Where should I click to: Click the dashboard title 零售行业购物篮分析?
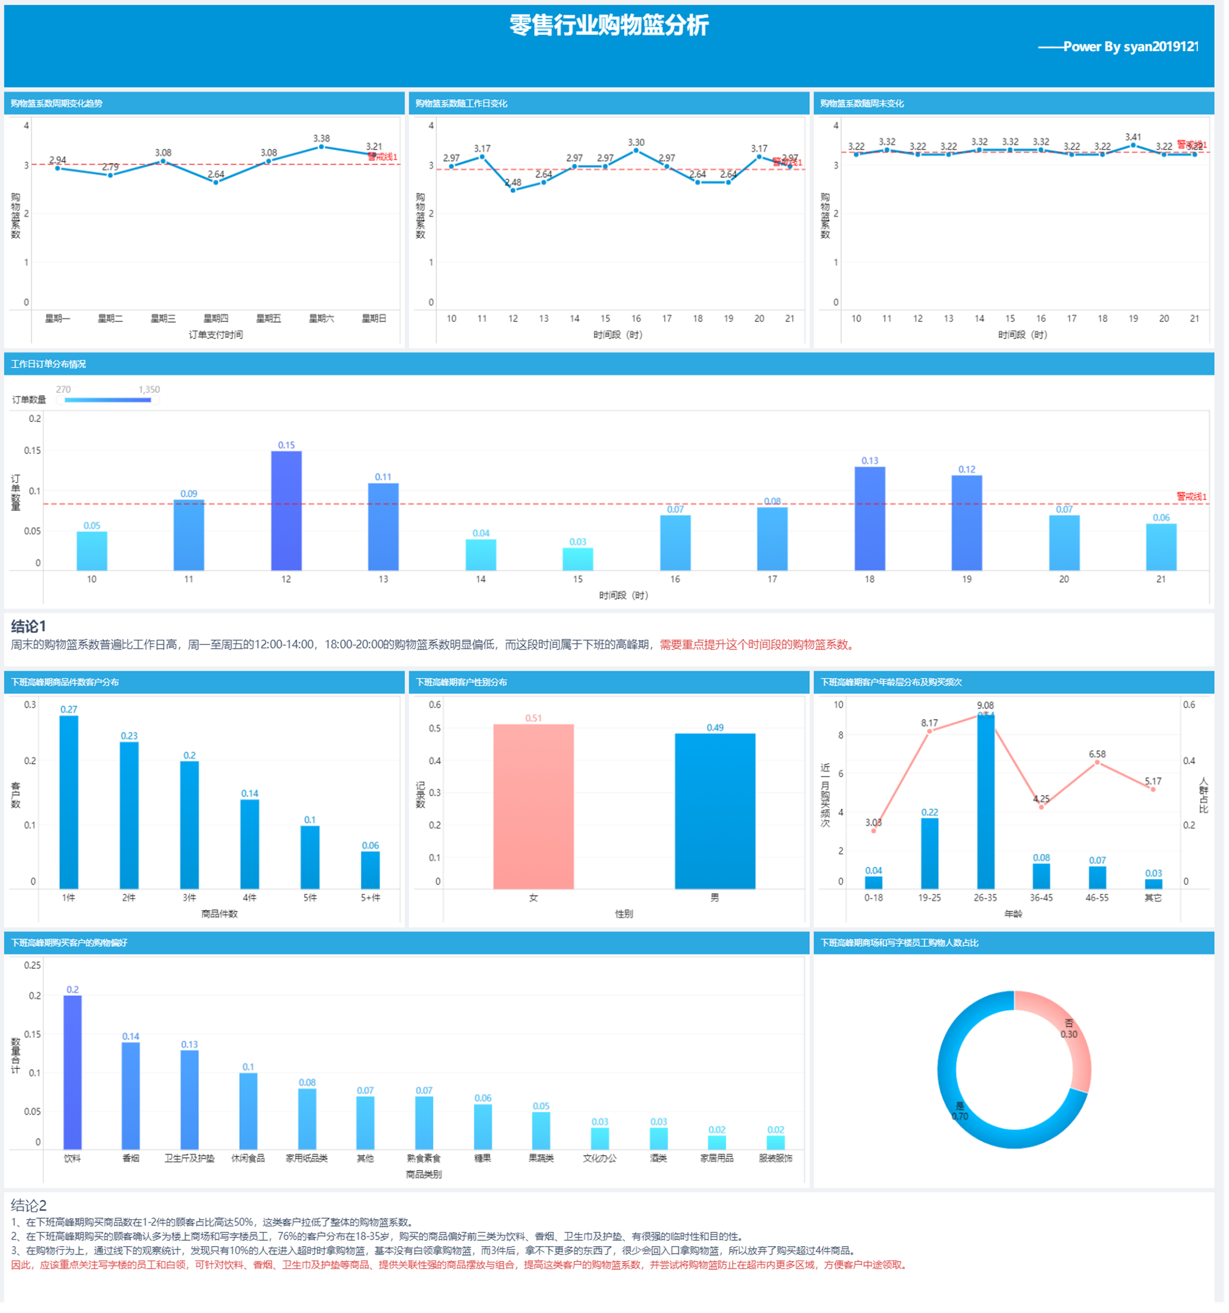pyautogui.click(x=609, y=26)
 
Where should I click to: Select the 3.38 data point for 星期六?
pyautogui.click(x=321, y=146)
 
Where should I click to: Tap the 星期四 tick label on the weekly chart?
pyautogui.click(x=216, y=319)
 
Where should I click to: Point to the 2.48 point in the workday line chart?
pyautogui.click(x=513, y=190)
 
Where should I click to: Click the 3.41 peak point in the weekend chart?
pyautogui.click(x=1133, y=145)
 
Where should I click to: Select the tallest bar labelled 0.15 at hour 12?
pyautogui.click(x=287, y=511)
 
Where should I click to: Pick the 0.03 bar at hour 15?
pyautogui.click(x=578, y=559)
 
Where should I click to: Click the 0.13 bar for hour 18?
pyautogui.click(x=870, y=519)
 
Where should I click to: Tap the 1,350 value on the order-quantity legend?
pyautogui.click(x=149, y=389)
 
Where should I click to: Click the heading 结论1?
pyautogui.click(x=29, y=627)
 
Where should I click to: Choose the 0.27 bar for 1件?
pyautogui.click(x=69, y=802)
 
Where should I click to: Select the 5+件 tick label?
pyautogui.click(x=371, y=898)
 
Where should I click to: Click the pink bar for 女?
pyautogui.click(x=534, y=807)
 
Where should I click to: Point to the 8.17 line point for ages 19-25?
pyautogui.click(x=930, y=732)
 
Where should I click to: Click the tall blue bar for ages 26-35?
pyautogui.click(x=985, y=802)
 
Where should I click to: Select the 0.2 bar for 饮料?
pyautogui.click(x=73, y=1073)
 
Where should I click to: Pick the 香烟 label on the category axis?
pyautogui.click(x=131, y=1159)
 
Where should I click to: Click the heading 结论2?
pyautogui.click(x=29, y=1206)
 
